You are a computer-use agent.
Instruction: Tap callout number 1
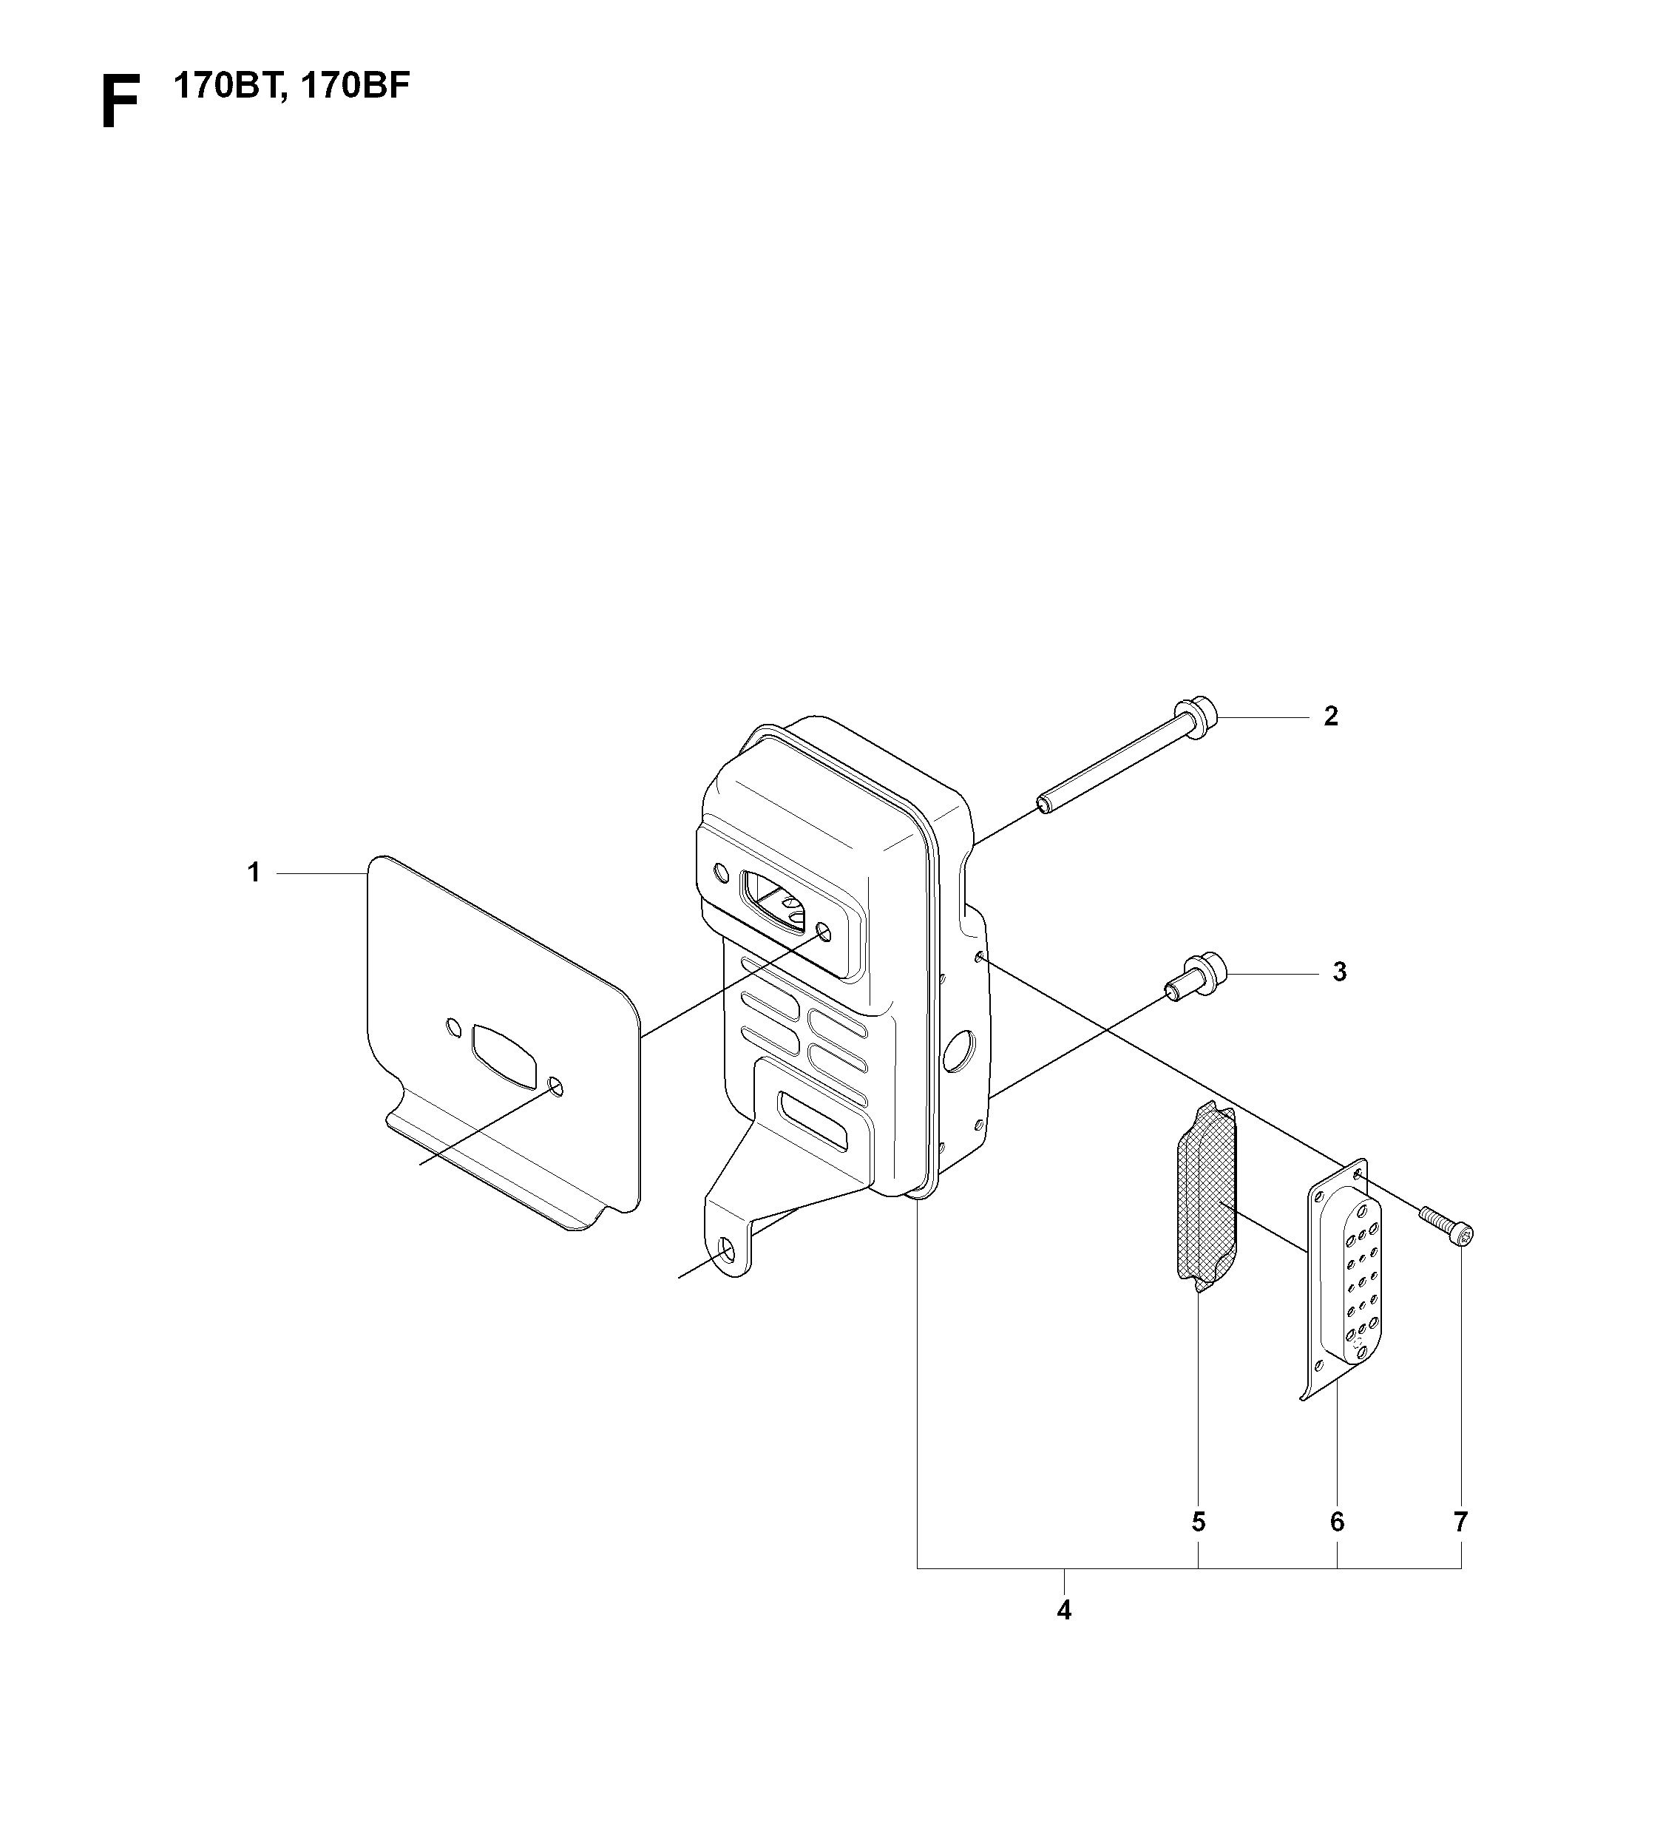(254, 873)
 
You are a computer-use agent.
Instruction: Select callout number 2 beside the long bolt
(1330, 717)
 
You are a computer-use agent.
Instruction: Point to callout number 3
(1339, 972)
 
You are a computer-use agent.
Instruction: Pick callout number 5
(1198, 1522)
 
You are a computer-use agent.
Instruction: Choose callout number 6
(1337, 1522)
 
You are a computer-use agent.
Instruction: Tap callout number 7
(1460, 1522)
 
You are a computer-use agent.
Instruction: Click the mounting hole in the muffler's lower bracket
(727, 1253)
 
